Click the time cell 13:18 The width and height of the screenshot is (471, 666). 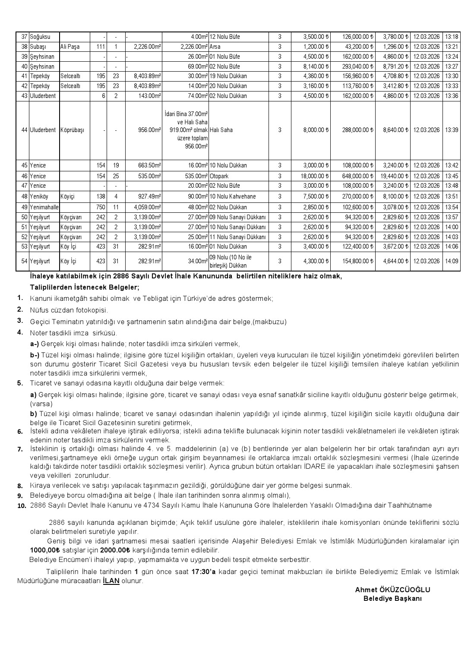452,37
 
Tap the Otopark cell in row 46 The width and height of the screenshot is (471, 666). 238,176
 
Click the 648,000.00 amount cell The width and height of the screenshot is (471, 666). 353,176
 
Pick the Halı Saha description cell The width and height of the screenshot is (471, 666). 238,130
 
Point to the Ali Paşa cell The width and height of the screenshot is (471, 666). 74,47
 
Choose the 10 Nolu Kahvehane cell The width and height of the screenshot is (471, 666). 238,196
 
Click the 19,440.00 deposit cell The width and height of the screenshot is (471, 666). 392,176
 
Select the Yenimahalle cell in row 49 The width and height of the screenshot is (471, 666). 44,207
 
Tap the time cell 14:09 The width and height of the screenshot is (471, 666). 452,261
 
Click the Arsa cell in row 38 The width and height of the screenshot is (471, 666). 238,47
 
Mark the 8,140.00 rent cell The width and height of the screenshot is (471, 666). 311,66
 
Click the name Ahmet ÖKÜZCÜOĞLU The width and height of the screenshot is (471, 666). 392,590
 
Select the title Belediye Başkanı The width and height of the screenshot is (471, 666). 392,598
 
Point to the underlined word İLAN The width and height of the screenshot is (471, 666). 111,581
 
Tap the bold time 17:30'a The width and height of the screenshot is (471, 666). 204,571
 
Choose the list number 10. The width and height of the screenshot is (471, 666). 21,506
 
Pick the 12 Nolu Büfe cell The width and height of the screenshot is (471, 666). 238,37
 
